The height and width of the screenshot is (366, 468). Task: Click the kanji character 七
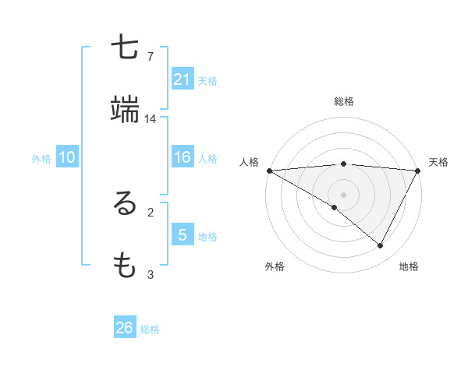(126, 48)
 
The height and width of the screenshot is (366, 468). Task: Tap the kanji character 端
(126, 111)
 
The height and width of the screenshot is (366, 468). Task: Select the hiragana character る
(126, 204)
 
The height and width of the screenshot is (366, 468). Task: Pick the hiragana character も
(126, 266)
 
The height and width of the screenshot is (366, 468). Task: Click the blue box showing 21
(183, 79)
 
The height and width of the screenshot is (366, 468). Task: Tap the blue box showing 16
(183, 158)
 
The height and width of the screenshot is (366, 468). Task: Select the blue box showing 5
(183, 234)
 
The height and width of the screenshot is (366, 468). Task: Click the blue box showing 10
(67, 158)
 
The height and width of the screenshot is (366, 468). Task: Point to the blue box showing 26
(125, 328)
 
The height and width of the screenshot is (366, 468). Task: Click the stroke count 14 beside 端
(151, 119)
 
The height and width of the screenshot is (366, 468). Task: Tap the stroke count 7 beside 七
(151, 57)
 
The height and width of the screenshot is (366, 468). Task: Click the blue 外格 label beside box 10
(41, 159)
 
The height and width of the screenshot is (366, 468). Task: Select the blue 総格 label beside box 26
(150, 329)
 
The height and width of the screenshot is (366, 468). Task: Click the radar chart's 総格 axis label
(344, 101)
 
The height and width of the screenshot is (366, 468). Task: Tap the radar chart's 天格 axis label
(439, 162)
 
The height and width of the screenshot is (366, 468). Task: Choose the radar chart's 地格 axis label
(409, 266)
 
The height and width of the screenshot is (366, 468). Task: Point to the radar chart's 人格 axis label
(250, 162)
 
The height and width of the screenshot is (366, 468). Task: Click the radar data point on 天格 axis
(418, 171)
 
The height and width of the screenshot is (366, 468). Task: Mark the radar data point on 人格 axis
(269, 171)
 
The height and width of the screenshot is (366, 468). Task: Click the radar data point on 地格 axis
(381, 246)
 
